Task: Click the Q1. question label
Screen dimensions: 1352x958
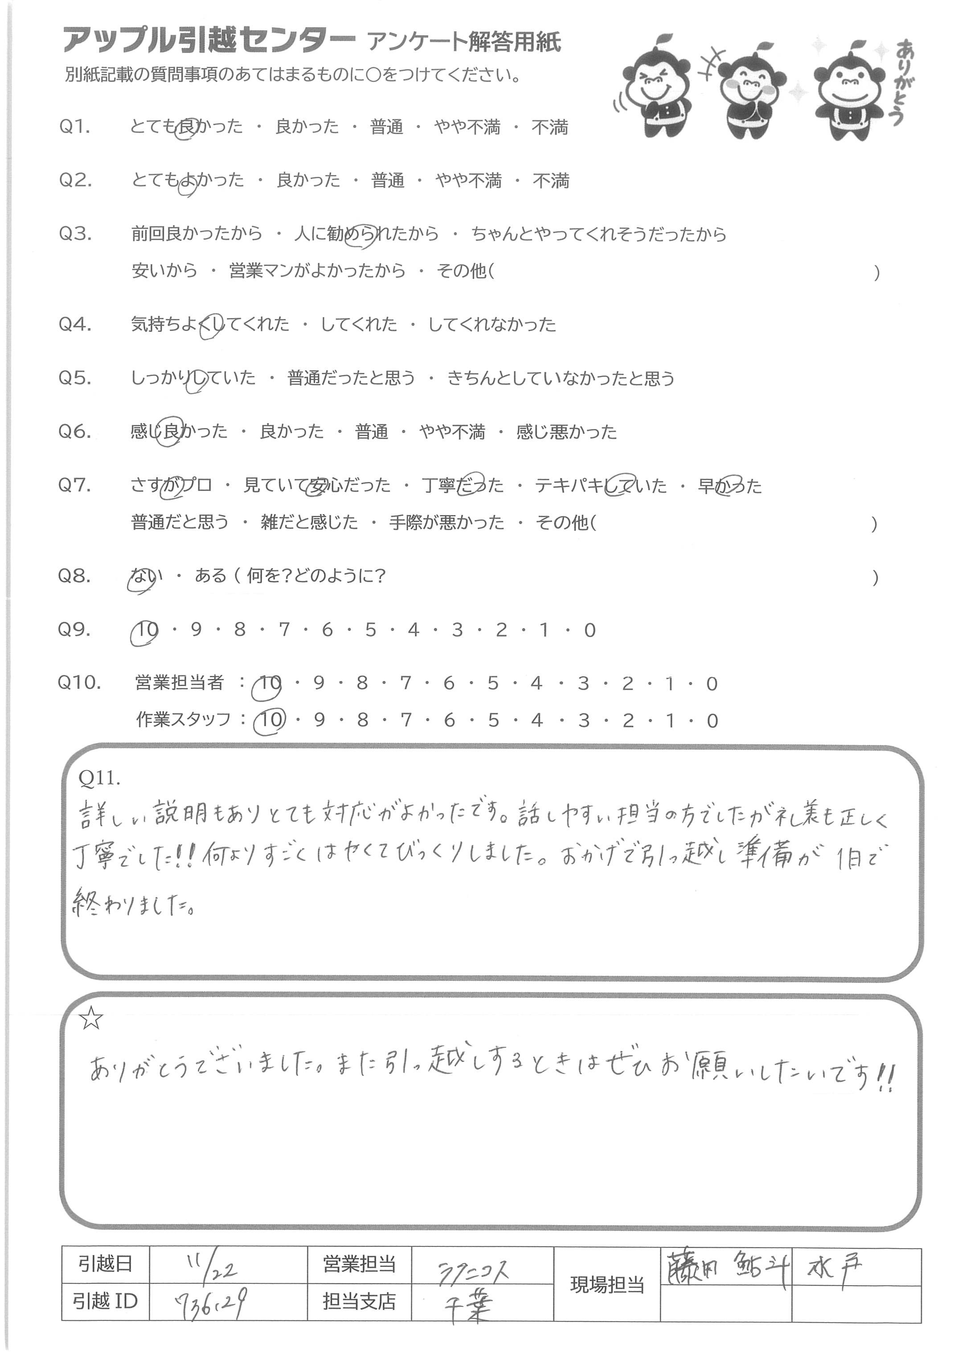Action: [x=74, y=127]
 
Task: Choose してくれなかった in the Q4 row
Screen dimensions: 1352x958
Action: [x=491, y=324]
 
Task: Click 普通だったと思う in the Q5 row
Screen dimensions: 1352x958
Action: [x=351, y=378]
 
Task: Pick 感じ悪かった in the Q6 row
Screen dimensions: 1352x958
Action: [x=566, y=432]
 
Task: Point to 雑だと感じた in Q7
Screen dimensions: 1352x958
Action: [x=309, y=523]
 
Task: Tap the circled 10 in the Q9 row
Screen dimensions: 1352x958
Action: [x=145, y=630]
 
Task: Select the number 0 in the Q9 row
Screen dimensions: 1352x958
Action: [x=590, y=630]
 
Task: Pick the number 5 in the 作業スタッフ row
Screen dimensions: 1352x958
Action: [x=493, y=720]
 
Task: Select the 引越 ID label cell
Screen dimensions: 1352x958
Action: [x=105, y=1301]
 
